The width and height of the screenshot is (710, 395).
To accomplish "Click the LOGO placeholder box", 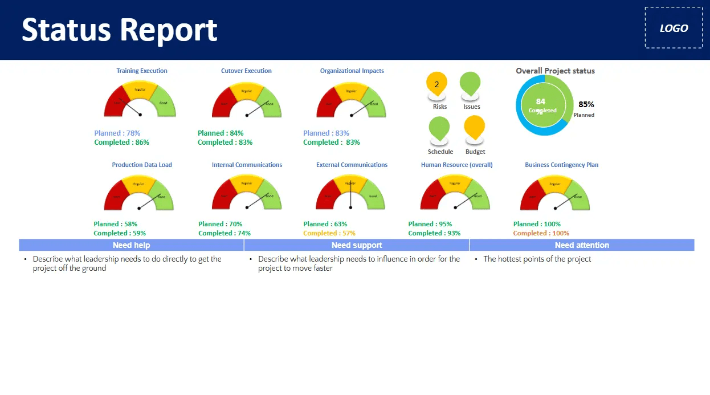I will point(674,28).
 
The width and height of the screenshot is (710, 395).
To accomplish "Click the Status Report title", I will point(120,30).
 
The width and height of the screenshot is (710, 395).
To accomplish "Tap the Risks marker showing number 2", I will point(436,84).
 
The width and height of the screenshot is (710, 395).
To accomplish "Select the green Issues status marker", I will point(470,83).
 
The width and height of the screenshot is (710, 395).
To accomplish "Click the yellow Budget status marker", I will point(475,127).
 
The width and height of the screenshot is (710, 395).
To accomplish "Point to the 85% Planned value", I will point(586,105).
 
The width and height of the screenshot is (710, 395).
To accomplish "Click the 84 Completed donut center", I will point(542,106).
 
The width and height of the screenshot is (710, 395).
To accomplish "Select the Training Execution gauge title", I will point(142,71).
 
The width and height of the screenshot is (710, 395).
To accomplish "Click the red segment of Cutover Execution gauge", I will point(222,103).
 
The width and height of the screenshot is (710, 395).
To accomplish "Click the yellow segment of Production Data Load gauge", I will point(138,184).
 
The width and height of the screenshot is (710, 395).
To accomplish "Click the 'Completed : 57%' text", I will point(329,233).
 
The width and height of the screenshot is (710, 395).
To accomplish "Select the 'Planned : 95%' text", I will point(430,224).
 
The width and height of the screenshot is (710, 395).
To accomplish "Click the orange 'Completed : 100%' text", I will point(541,233).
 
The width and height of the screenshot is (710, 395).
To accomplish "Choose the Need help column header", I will point(131,245).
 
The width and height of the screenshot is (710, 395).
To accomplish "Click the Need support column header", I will point(357,245).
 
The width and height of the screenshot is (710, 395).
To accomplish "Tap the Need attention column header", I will point(582,245).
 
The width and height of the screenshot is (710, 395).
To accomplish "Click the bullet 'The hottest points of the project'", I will point(537,259).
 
